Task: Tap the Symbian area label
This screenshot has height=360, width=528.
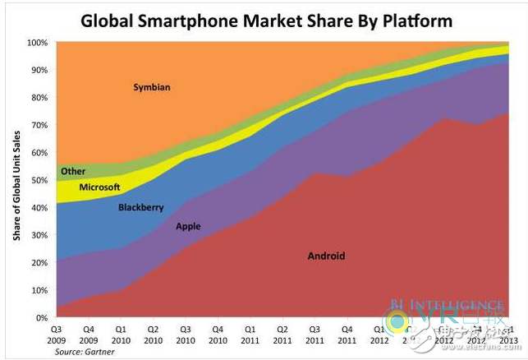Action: click(x=153, y=87)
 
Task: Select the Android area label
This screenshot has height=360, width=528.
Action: click(x=326, y=256)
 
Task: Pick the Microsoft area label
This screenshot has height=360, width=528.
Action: click(x=100, y=187)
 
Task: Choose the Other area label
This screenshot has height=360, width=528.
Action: click(x=73, y=171)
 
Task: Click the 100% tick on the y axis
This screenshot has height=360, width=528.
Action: click(x=36, y=42)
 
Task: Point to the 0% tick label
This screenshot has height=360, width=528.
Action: click(x=40, y=317)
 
